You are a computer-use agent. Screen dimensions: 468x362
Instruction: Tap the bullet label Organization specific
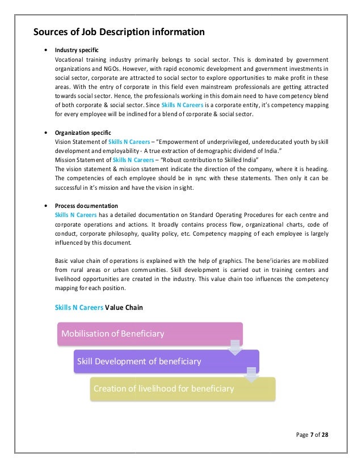click(83, 132)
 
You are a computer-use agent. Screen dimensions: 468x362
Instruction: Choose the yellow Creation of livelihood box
click(182, 389)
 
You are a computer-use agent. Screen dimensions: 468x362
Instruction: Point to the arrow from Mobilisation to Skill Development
click(234, 347)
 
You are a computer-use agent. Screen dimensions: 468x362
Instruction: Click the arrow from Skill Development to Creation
click(250, 375)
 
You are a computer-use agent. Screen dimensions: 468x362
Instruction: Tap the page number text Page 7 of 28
click(312, 435)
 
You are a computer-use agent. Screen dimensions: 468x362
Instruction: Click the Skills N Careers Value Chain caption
click(99, 308)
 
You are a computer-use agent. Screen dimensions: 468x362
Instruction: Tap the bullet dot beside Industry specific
click(45, 50)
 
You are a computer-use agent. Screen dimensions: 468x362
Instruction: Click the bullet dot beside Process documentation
click(45, 205)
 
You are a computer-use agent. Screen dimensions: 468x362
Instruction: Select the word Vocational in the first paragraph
click(71, 59)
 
